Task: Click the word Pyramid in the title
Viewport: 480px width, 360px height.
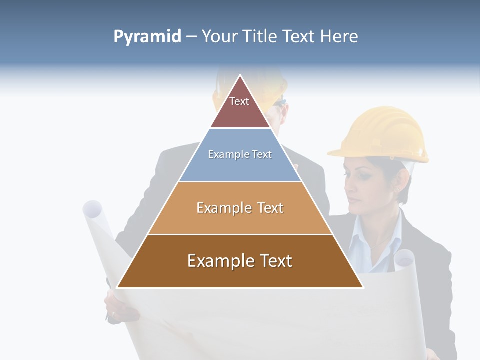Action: tap(147, 36)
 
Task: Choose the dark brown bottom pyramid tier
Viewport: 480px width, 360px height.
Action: tap(240, 275)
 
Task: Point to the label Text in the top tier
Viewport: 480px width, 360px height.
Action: tap(239, 101)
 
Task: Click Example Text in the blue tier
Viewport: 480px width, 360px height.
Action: tap(240, 154)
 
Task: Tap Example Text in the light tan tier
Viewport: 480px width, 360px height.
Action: tap(240, 208)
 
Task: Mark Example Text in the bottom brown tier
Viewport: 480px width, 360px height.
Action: tap(240, 261)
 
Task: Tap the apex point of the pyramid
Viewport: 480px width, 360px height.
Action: tap(240, 75)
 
